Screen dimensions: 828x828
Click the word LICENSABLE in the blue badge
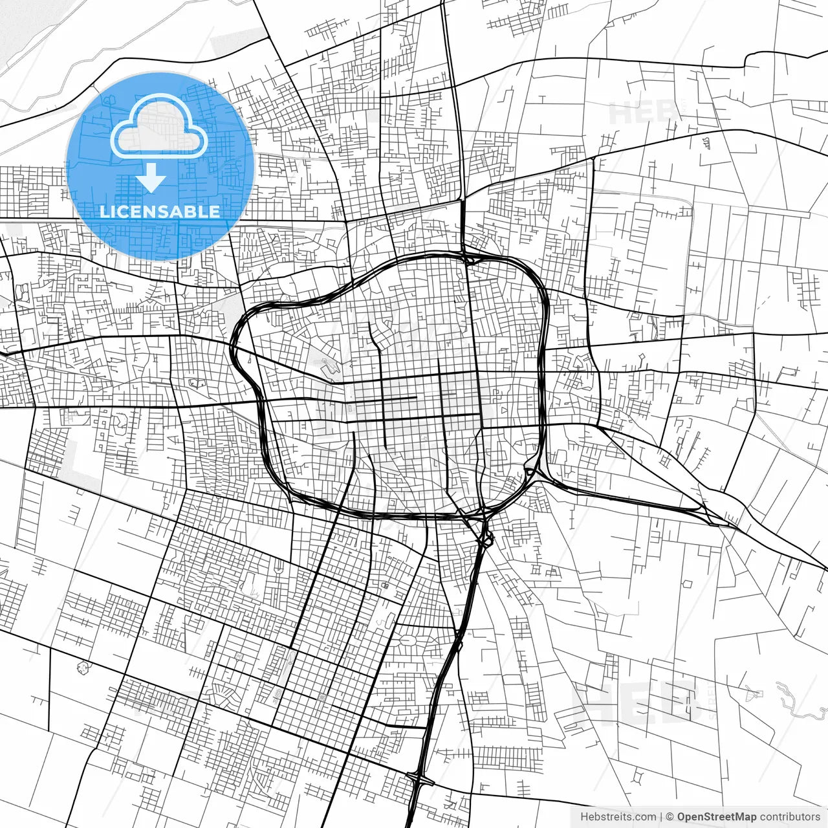pos(160,212)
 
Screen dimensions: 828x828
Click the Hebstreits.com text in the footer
pos(618,817)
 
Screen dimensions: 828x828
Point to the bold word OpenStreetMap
pos(717,817)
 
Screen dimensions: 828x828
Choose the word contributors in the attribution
pos(790,817)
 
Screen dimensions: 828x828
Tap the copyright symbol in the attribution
pos(670,817)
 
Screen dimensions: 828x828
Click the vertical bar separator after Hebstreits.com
pos(661,817)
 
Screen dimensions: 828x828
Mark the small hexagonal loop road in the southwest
pos(82,668)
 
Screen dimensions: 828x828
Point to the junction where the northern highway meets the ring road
pos(467,259)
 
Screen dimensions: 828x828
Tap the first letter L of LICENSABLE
pos(104,212)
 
